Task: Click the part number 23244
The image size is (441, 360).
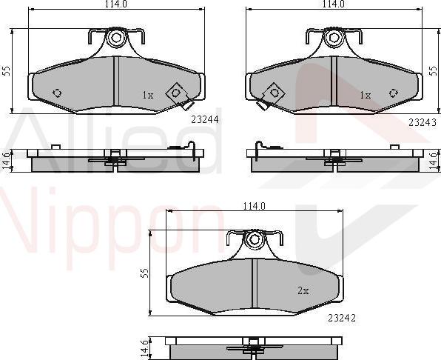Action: click(x=204, y=118)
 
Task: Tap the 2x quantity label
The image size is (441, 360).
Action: click(x=303, y=290)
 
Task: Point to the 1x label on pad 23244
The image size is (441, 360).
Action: click(x=147, y=95)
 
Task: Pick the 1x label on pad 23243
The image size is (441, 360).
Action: click(x=365, y=95)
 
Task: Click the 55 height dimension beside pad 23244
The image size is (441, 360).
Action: click(x=6, y=71)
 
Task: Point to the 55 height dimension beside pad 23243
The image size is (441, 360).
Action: click(x=435, y=71)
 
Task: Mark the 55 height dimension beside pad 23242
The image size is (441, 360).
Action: click(x=145, y=272)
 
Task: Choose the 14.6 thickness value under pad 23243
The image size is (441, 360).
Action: click(x=435, y=161)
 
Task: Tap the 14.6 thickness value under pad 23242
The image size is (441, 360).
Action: click(x=145, y=347)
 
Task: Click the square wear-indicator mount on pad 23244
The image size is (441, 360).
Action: click(x=176, y=93)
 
